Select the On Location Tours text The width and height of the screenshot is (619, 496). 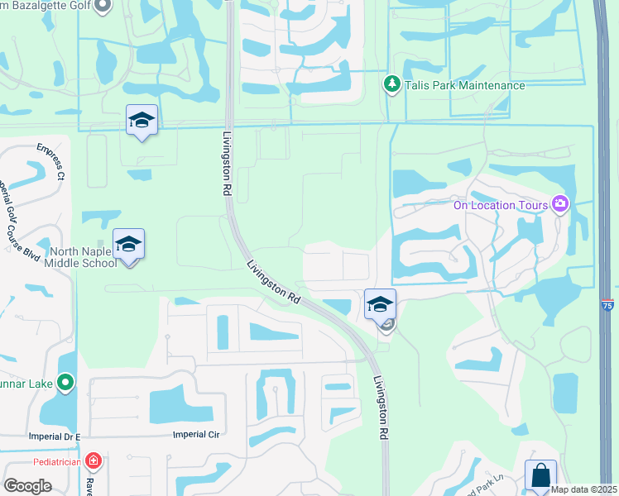500,205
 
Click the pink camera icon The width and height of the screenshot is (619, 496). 560,204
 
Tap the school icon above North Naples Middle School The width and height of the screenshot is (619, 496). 128,244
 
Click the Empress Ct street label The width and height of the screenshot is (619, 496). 50,161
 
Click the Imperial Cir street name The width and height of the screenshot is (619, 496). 195,434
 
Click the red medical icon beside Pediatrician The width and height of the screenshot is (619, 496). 94,460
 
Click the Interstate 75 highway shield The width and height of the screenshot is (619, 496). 607,304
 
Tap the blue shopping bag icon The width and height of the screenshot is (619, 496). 540,475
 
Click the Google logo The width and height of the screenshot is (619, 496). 28,486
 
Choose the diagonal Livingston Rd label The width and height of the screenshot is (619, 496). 272,283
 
